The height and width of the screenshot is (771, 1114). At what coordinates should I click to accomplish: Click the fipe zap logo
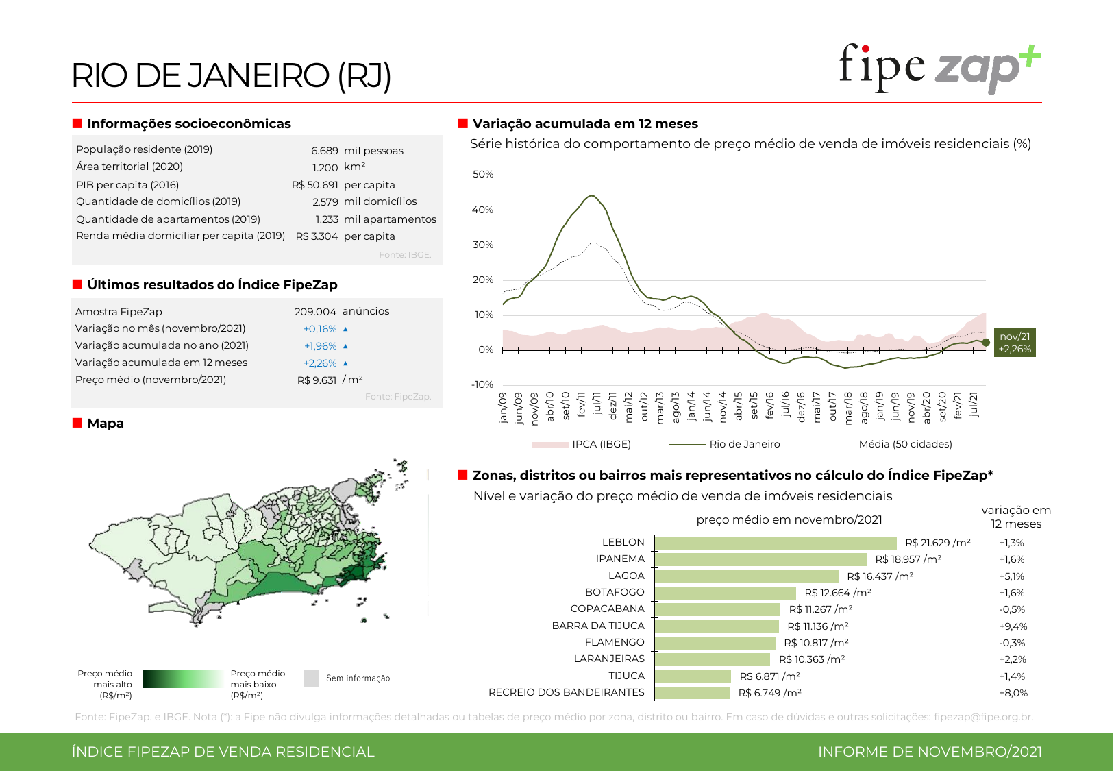click(939, 69)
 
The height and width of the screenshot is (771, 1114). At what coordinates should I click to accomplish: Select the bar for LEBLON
click(776, 543)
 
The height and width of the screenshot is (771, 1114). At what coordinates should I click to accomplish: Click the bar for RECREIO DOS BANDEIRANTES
click(692, 693)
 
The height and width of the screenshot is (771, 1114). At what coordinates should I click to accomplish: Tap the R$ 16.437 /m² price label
click(880, 576)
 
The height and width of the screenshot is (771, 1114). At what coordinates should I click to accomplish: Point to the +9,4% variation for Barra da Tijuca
click(1013, 626)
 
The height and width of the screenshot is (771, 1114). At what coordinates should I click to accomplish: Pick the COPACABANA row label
click(607, 609)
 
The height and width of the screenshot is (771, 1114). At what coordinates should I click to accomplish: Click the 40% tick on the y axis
click(482, 210)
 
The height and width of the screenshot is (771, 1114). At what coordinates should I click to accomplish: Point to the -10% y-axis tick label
click(482, 384)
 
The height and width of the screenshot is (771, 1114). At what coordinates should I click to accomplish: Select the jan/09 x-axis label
click(504, 408)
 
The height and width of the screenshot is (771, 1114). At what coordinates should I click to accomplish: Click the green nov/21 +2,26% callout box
click(1015, 343)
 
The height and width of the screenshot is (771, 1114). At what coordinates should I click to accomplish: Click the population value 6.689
click(324, 151)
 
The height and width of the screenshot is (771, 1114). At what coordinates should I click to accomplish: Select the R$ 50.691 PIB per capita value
click(314, 185)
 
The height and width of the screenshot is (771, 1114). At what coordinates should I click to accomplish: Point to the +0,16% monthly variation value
click(320, 329)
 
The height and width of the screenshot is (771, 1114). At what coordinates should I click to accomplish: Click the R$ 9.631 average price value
click(317, 380)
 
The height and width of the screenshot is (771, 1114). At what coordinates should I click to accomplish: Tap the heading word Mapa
click(106, 424)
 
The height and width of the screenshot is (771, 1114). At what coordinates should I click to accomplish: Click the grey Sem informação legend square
click(312, 678)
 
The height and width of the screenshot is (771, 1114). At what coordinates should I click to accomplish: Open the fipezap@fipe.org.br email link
click(982, 717)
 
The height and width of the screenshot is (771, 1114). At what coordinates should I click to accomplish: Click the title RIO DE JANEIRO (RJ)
click(231, 75)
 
